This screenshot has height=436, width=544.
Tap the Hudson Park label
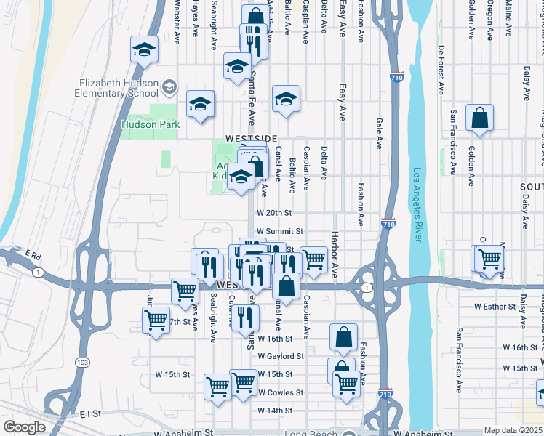(151, 124)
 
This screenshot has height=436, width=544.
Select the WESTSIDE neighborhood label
(251, 138)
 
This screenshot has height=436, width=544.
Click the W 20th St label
(273, 213)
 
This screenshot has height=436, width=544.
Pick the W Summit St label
(270, 231)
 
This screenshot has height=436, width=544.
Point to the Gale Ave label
(379, 134)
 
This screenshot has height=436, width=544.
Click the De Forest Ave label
(441, 70)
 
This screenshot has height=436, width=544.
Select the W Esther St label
(495, 307)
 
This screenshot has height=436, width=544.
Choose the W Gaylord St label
(280, 356)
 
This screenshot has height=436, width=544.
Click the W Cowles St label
(280, 392)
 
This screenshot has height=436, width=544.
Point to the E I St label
(90, 413)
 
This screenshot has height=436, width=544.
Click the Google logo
(24, 427)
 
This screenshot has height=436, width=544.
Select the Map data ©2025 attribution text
(513, 430)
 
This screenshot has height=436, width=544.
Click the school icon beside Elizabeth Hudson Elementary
(169, 88)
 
